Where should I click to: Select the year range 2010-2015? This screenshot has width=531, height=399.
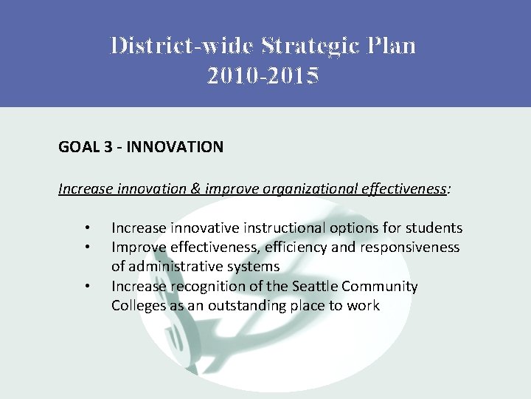pos(263,75)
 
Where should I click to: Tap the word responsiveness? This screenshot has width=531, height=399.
pos(409,248)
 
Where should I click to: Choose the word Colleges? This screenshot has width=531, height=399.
pos(139,305)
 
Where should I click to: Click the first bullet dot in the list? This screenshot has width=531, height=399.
pos(87,228)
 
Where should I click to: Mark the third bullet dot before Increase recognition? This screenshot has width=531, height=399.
pos(87,286)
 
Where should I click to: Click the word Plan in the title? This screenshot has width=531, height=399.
pos(391,46)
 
